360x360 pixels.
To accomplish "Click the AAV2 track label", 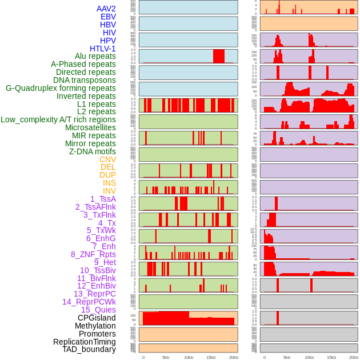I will [106, 9].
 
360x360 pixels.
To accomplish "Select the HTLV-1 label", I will [102, 49].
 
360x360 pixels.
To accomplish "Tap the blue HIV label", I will [109, 33].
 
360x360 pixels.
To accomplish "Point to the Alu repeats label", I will [95, 57].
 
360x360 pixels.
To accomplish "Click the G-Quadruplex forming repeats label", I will [61, 88].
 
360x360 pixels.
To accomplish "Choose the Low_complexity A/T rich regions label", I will [58, 119].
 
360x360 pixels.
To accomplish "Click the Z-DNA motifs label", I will [92, 151].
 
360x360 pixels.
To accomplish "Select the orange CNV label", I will [107, 159].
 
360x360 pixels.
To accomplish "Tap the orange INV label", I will [109, 191].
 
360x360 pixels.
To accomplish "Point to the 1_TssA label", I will [103, 199].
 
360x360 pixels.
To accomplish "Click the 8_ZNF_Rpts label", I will [93, 254].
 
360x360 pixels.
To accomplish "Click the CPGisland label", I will [97, 318].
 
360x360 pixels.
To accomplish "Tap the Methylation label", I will [95, 326].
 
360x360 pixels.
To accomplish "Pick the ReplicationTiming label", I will [84, 342].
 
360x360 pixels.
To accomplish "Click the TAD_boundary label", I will [89, 349].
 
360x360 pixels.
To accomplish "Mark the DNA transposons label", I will [85, 80].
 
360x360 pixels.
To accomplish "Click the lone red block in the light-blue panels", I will [218, 56].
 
